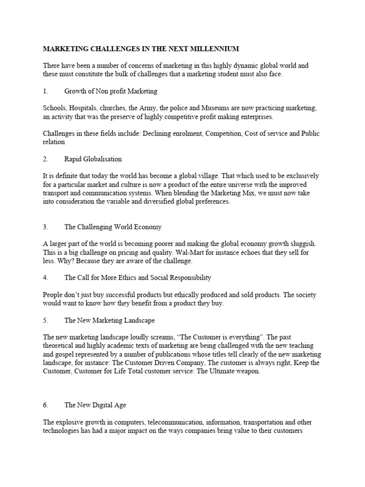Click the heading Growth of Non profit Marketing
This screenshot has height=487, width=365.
111,91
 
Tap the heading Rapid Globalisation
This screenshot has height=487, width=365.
93,159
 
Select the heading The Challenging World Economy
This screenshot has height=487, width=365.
113,227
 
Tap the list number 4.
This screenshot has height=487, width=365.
45,277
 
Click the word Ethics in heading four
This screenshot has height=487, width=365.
133,277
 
